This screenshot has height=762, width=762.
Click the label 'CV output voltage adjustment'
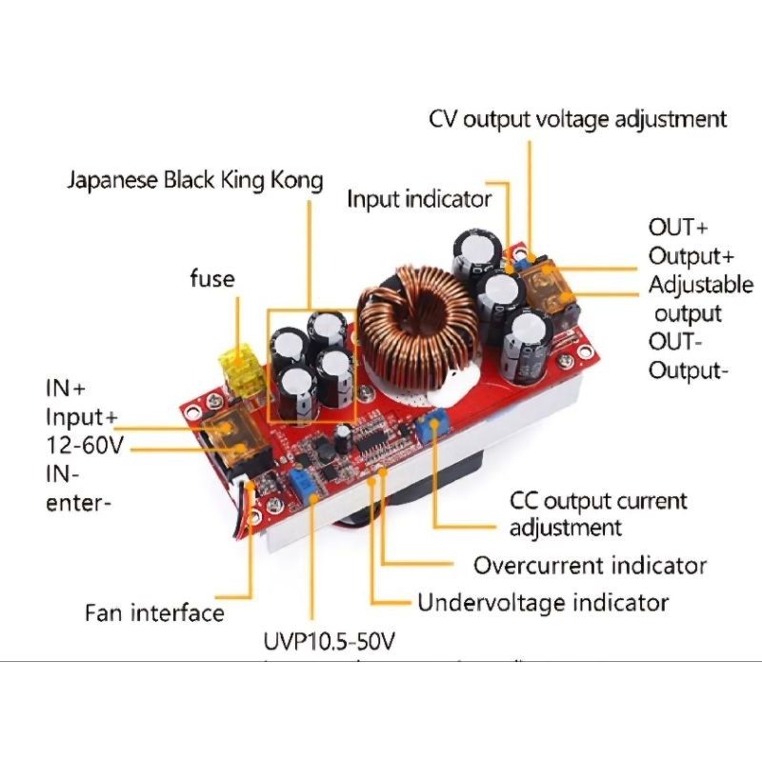[577, 120]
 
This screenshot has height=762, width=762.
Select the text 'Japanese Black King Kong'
[195, 180]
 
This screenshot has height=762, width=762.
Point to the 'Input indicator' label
[419, 199]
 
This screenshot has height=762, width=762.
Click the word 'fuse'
[211, 279]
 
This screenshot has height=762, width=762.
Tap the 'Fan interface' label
[154, 612]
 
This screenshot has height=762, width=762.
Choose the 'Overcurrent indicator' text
[591, 565]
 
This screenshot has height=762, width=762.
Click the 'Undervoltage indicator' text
[543, 602]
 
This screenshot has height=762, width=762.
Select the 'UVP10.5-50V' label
[329, 642]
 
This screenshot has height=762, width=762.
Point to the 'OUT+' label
[679, 228]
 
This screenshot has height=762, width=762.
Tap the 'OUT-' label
[677, 342]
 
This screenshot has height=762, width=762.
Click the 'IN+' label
[66, 389]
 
